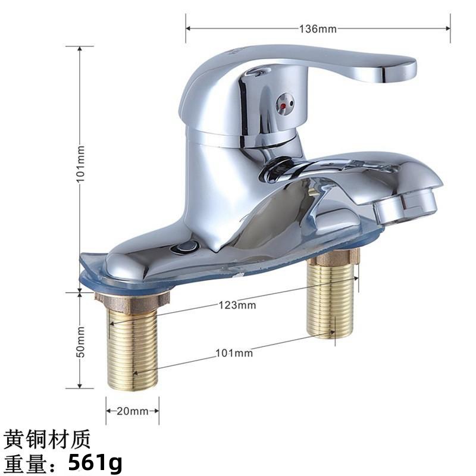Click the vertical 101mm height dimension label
tap(81, 163)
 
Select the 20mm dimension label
tap(132, 411)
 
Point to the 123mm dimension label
tap(237, 305)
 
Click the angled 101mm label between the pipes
tap(234, 353)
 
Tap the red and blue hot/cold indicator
tap(285, 104)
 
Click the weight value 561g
tap(95, 462)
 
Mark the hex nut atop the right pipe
tap(337, 257)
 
